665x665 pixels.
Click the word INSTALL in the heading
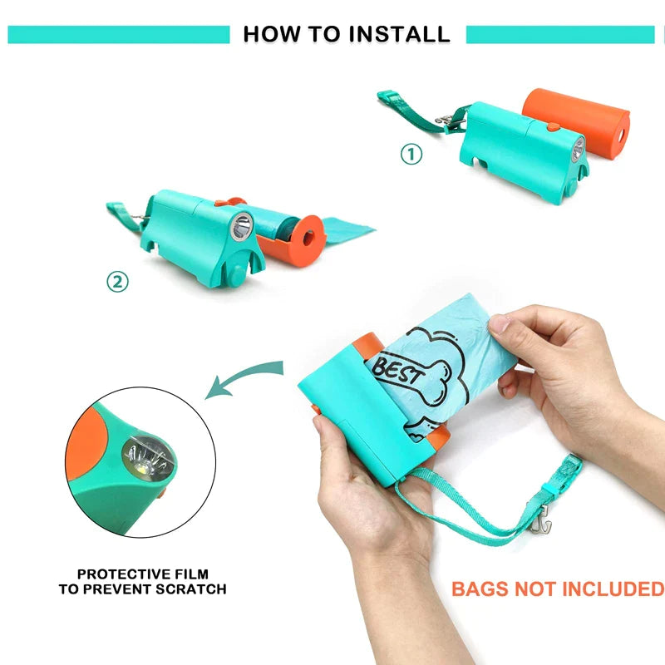400,34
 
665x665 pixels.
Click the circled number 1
411,154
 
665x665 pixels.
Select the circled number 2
117,282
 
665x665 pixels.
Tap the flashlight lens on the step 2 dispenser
242,226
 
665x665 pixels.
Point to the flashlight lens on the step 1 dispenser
578,150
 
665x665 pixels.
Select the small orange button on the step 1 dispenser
553,126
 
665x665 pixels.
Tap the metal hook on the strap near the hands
540,519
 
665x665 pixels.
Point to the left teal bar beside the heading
119,34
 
